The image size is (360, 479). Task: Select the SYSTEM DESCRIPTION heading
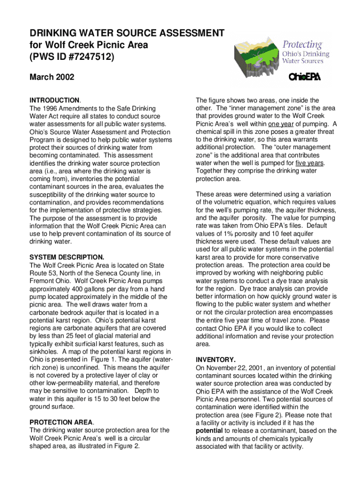tap(66, 257)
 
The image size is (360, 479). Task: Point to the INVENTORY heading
tap(216, 360)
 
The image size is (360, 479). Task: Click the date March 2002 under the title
tap(51, 77)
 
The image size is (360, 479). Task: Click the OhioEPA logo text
tap(304, 77)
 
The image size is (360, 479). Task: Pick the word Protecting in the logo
tap(302, 45)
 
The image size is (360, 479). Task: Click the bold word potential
tap(209, 430)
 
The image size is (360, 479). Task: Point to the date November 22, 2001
tap(231, 368)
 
